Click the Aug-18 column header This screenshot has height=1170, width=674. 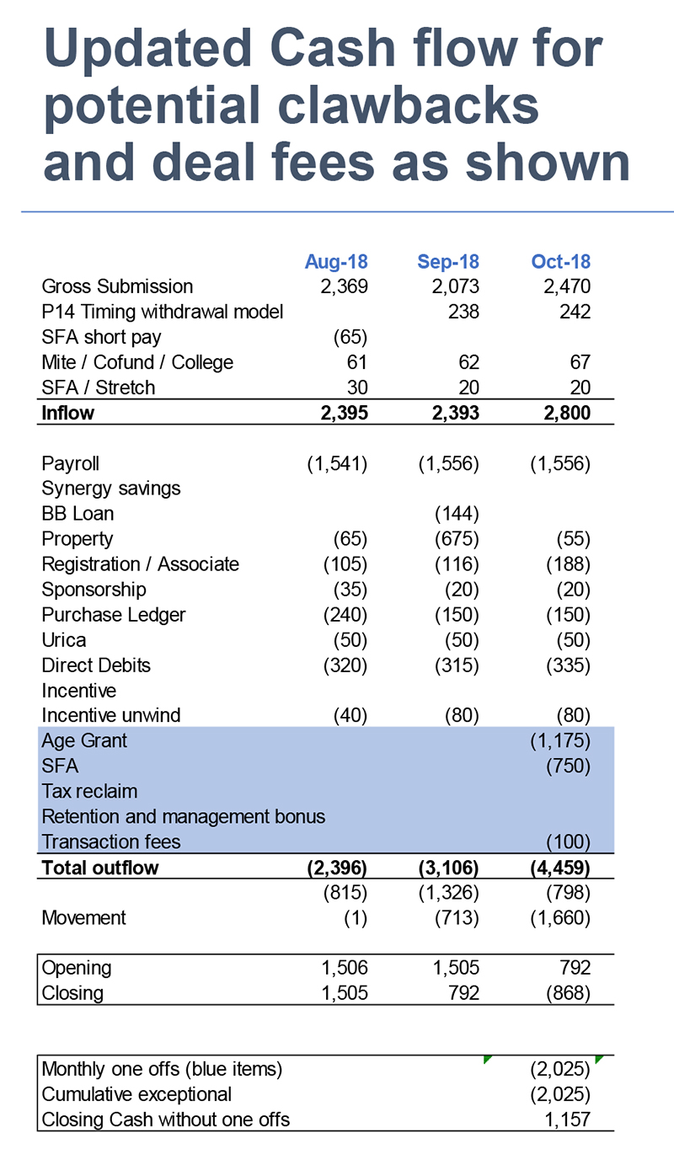click(x=336, y=261)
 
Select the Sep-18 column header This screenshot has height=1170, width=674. click(x=447, y=261)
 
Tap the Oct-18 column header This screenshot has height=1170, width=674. click(x=560, y=261)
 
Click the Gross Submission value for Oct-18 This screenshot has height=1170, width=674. click(x=567, y=286)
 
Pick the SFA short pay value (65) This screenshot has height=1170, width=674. click(x=350, y=337)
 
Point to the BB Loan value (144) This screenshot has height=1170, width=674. click(x=457, y=514)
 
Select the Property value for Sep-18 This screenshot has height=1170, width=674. click(x=457, y=538)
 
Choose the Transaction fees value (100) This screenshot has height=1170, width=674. click(x=569, y=841)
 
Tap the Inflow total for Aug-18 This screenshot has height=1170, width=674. click(x=345, y=413)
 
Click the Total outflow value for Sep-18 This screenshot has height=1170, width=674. click(x=448, y=868)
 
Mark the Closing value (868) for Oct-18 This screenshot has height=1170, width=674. click(x=569, y=993)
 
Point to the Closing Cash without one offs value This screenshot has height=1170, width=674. click(x=567, y=1119)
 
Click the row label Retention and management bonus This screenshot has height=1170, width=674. click(x=184, y=816)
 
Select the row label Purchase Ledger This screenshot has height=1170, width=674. click(x=114, y=615)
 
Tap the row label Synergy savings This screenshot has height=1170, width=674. click(x=110, y=489)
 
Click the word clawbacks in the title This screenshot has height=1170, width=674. click(x=408, y=104)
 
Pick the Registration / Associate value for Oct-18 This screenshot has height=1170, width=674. click(x=569, y=564)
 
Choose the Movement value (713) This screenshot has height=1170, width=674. click(x=457, y=917)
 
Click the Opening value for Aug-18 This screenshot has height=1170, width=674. click(x=345, y=967)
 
